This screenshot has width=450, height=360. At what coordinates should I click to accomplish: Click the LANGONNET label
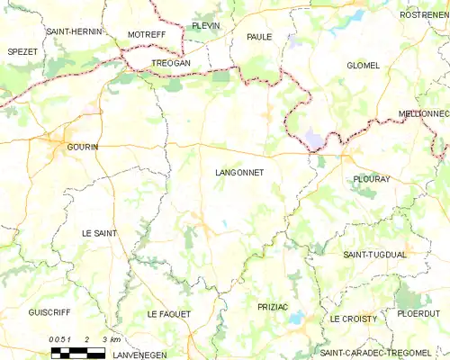(x=239, y=172)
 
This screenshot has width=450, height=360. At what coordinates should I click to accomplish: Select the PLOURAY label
(x=370, y=178)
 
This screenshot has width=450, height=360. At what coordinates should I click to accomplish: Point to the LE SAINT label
(x=99, y=233)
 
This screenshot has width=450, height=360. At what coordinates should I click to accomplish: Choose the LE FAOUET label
(x=169, y=313)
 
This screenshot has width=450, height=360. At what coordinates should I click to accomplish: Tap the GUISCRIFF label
(x=49, y=312)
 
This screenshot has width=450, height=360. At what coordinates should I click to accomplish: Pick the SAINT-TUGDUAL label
(x=375, y=255)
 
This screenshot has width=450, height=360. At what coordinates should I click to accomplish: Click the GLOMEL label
(x=364, y=66)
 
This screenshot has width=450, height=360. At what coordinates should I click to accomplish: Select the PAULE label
(x=259, y=37)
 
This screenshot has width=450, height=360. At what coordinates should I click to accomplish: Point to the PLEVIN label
(x=205, y=26)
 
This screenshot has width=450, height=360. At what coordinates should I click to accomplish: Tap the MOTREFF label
(x=147, y=34)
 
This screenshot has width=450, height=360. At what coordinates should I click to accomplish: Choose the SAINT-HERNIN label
(x=75, y=31)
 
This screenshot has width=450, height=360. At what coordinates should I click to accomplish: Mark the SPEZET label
(x=22, y=52)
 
